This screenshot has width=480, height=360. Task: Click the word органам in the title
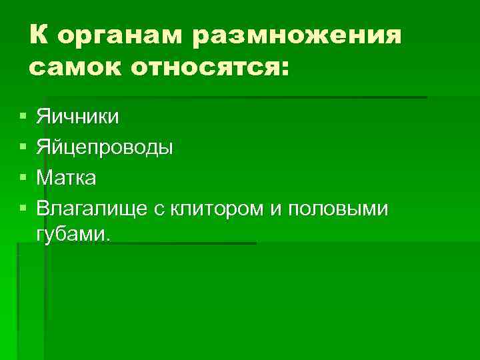[117, 37]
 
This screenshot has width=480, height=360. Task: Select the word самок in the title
[71, 67]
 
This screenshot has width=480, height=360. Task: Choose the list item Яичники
[78, 117]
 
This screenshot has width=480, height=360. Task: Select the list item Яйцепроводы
[105, 147]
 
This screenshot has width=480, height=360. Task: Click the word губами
[70, 234]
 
